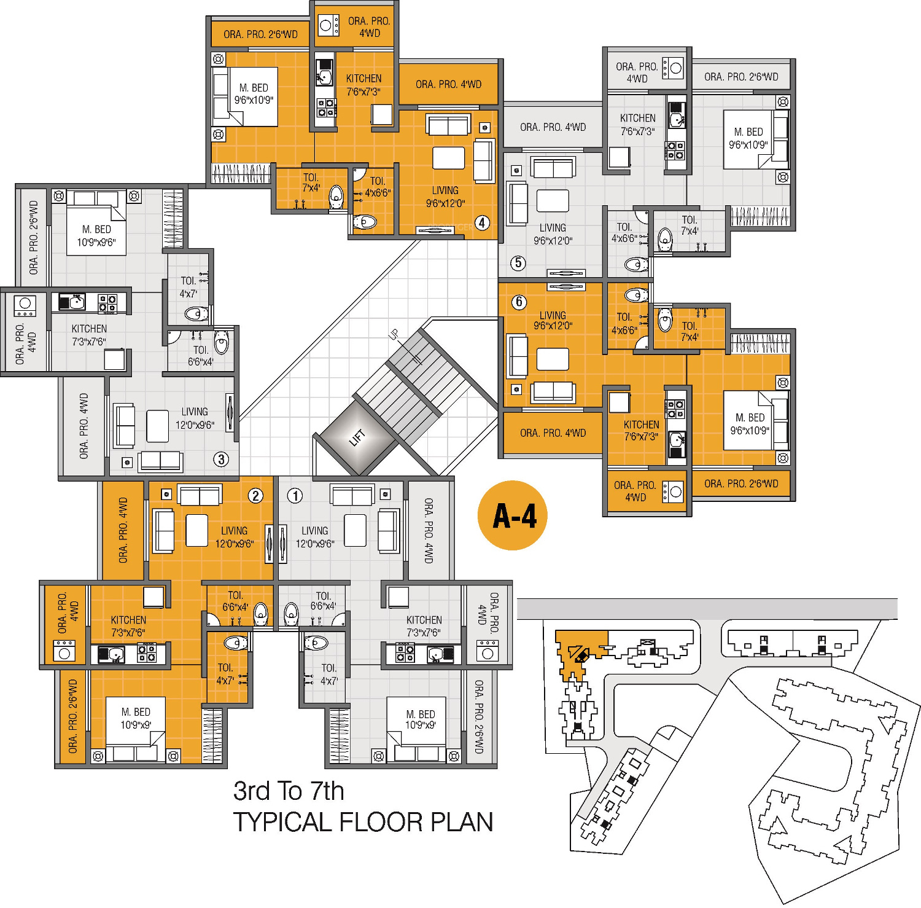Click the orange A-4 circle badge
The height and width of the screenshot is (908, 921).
tap(512, 515)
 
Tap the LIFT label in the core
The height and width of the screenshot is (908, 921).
tap(357, 438)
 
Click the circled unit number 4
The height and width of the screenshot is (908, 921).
tap(483, 222)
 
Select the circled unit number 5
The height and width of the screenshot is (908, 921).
tap(518, 263)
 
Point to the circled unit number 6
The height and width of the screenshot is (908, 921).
tap(519, 302)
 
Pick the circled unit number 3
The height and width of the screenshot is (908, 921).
tap(221, 458)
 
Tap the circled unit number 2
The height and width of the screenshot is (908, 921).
tap(256, 495)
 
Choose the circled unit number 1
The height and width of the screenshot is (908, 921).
tap(295, 495)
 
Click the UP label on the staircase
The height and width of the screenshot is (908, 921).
tap(394, 335)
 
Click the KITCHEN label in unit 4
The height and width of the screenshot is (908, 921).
tap(363, 79)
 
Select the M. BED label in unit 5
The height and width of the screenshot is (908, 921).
tap(748, 132)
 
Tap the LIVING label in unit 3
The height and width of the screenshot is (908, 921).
tap(195, 412)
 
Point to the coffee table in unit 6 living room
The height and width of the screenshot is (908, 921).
tap(553, 359)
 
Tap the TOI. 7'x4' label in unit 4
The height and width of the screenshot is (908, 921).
tap(311, 182)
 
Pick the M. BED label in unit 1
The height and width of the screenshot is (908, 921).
tap(421, 714)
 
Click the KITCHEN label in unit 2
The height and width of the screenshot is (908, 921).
tap(128, 620)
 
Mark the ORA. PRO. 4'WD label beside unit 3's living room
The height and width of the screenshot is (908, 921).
tap(84, 426)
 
